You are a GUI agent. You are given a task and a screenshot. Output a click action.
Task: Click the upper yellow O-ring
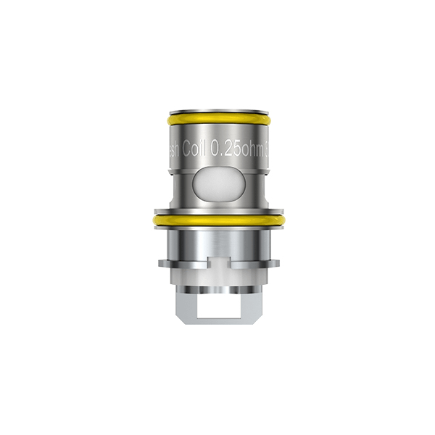pos(217,117)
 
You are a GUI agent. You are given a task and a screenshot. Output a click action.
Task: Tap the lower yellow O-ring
pos(217,217)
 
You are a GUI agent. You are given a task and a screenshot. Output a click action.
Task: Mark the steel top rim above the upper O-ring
pos(217,109)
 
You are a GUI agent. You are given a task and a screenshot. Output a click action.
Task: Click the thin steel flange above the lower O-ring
pos(217,208)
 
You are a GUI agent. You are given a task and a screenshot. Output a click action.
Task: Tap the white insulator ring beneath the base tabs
pos(217,274)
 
